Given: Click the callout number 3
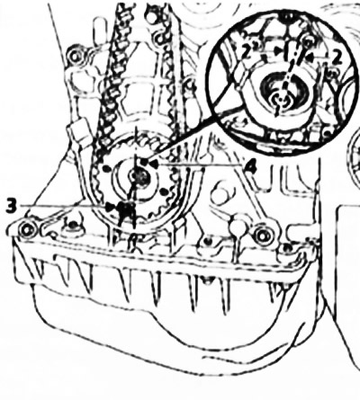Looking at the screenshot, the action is pos(12,206).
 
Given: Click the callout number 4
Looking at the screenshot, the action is pos(250,165).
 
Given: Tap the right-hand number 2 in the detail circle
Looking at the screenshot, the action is pos(337,58).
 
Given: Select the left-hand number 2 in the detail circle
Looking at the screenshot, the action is pos(247,54).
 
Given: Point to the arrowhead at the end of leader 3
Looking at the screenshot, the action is pos(111,207).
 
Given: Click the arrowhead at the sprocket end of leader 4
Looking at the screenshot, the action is pos(154,164).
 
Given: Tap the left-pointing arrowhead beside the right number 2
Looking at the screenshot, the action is pos(310,56).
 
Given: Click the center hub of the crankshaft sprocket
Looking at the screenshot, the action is pos(139,177).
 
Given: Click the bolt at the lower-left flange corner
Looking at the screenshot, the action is pos(27,229).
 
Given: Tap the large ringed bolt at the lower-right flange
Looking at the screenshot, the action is pos(263,235).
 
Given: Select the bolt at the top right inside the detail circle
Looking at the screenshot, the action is pos(307,42).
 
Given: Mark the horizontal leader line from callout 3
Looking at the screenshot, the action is pos(62,206).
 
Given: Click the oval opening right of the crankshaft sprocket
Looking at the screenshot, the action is pos(220,195).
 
